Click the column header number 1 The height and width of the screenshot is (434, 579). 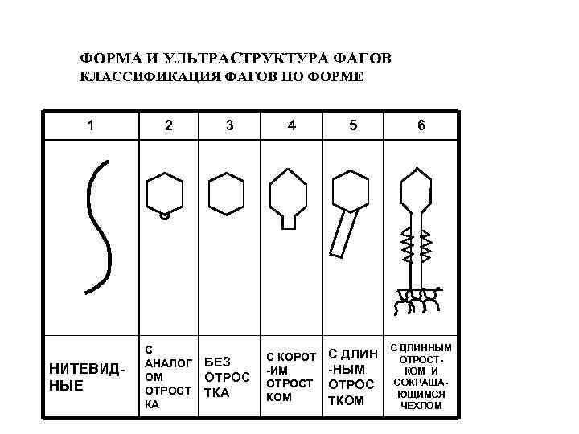[90, 125]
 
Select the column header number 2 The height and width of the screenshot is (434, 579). [167, 125]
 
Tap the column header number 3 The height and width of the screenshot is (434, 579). [231, 125]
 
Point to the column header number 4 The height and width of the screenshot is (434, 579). [291, 125]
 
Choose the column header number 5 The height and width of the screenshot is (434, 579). [352, 125]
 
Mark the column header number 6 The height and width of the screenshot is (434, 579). [421, 125]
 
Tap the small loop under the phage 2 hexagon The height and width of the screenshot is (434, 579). [165, 215]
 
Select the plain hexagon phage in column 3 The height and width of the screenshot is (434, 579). [225, 194]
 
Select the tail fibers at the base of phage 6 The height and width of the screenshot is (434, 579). [415, 300]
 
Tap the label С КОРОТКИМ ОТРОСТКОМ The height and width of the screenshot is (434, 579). [290, 376]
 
